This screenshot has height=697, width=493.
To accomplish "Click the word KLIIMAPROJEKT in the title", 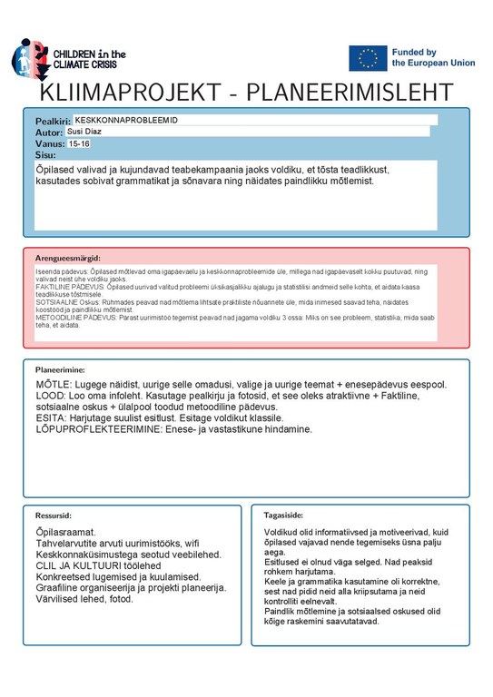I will point(141,93).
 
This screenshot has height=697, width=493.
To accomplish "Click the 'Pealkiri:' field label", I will point(53,121).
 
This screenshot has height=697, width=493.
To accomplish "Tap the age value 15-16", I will point(79,143).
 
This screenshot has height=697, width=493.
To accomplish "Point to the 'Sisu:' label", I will point(44,155).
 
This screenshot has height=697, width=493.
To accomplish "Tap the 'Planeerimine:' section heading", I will point(60,370).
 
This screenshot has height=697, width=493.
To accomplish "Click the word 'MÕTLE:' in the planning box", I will point(53,386).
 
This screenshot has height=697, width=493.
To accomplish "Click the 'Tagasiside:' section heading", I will point(282,515).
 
